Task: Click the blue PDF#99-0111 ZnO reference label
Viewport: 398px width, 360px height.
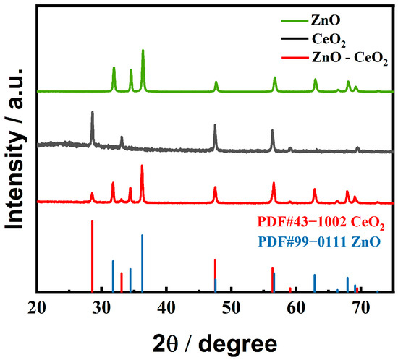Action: coord(319,239)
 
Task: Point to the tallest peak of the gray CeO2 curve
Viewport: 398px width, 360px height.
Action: coord(93,113)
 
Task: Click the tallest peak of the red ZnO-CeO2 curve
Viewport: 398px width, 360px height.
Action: coord(142,166)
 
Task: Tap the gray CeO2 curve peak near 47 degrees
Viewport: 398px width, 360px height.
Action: coord(215,126)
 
